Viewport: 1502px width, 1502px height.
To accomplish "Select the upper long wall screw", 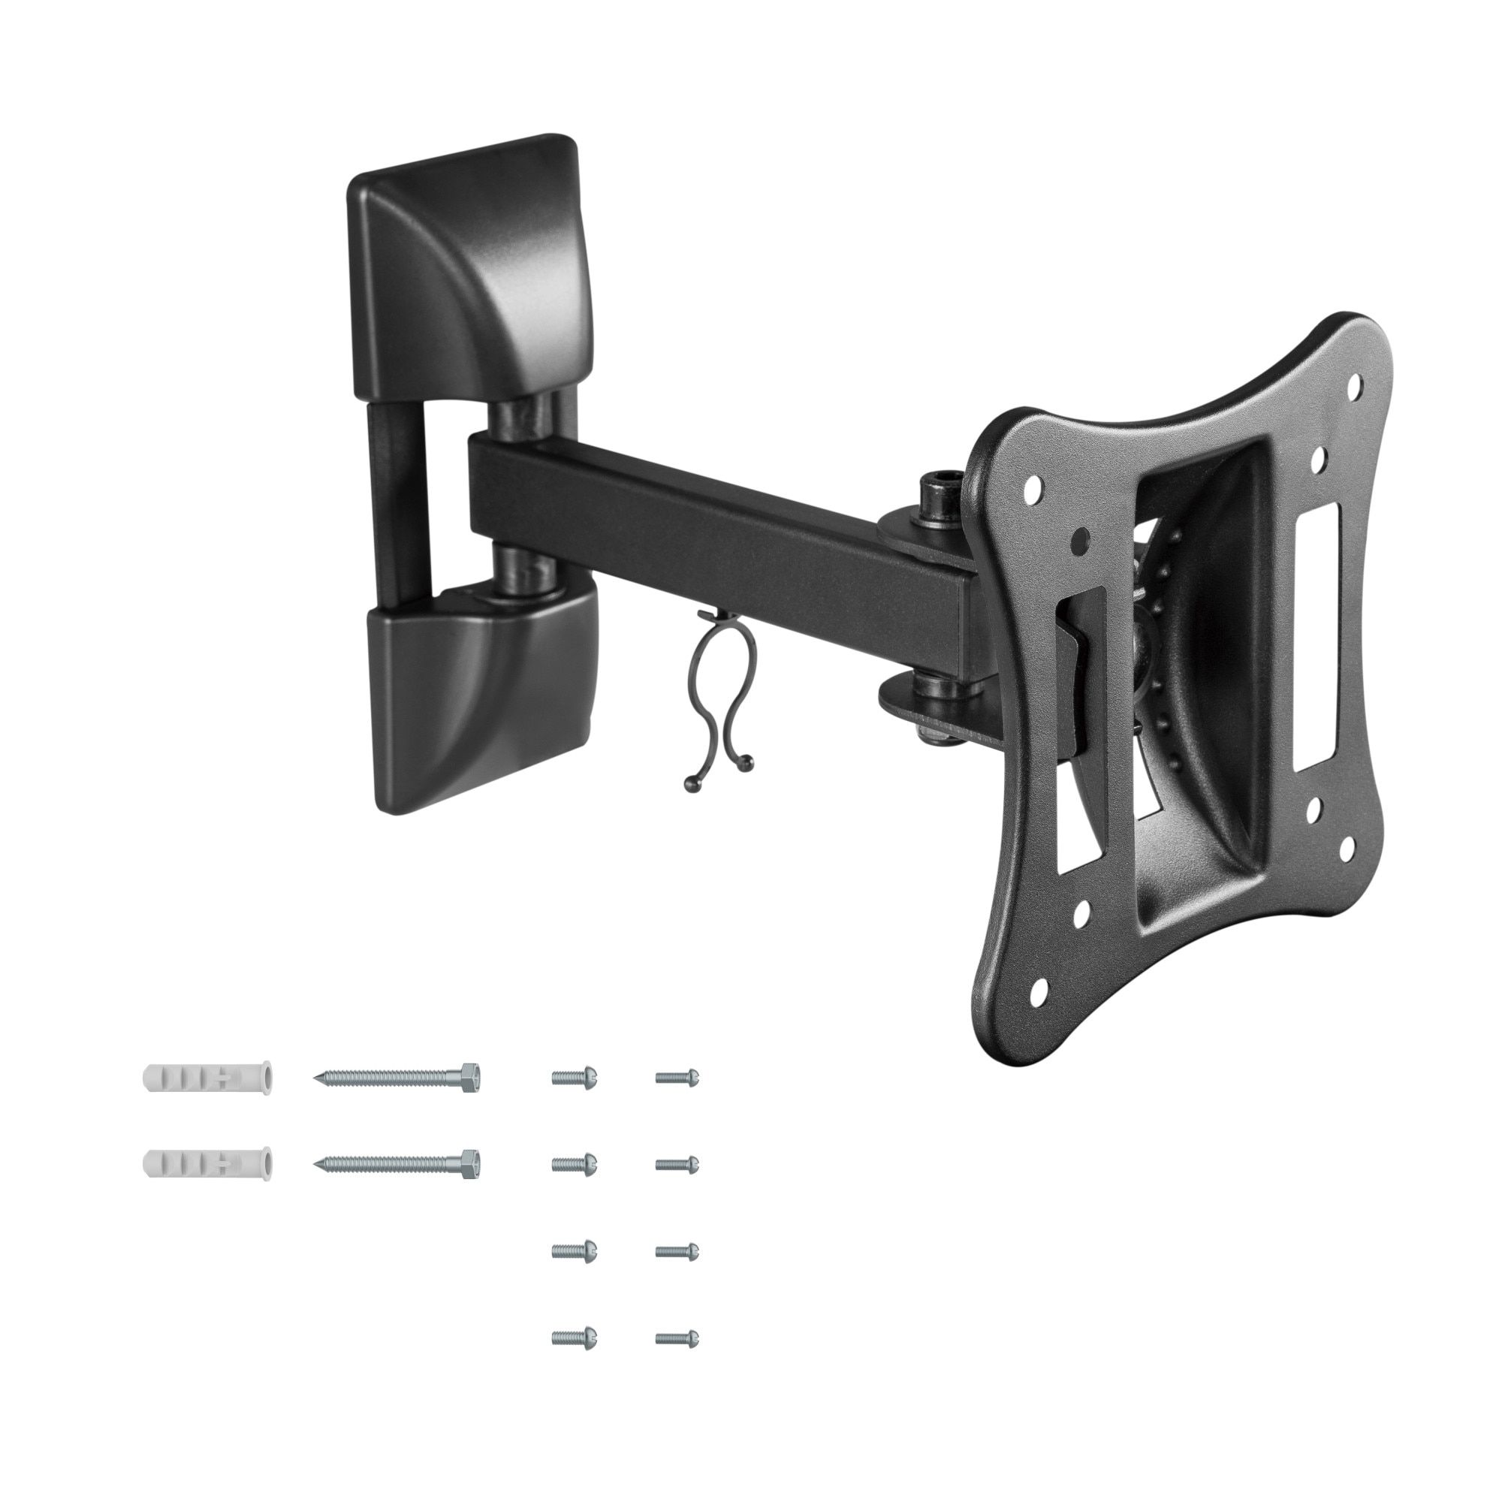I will [x=397, y=1077].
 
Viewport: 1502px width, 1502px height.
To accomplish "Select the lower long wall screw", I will [x=397, y=1164].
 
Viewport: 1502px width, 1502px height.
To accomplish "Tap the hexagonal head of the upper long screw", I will [x=470, y=1077].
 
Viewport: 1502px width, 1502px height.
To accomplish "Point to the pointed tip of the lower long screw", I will [x=317, y=1164].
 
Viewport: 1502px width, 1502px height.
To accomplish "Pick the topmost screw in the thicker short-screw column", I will [x=574, y=1077].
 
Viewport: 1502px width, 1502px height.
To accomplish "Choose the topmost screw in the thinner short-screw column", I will [x=677, y=1077].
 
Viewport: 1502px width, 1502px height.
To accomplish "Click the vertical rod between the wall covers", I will [x=398, y=498].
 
